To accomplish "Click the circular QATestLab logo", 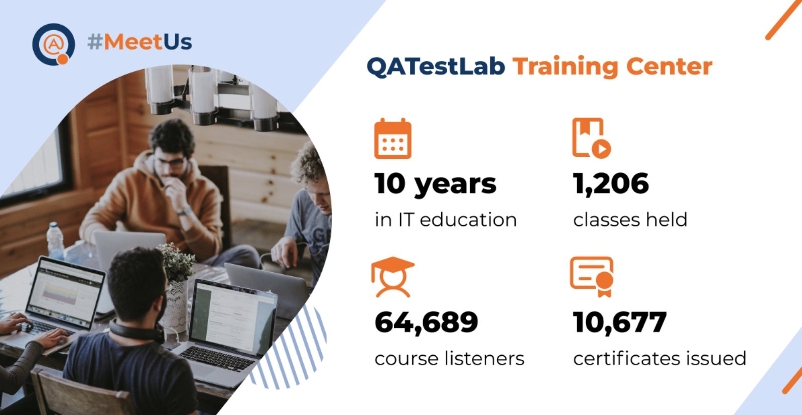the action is (54, 44).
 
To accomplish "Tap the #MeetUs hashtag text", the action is (140, 42).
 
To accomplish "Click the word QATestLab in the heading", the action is (436, 67).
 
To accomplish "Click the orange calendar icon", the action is (393, 138).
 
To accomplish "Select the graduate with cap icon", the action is (393, 277).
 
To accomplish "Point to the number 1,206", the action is (611, 184).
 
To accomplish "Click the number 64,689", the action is (426, 322).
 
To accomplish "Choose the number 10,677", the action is (620, 322).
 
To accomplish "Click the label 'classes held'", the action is (630, 220).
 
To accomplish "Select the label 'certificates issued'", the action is (659, 358).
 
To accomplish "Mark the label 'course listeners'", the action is (449, 358).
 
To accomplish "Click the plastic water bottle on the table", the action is (55, 241).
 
